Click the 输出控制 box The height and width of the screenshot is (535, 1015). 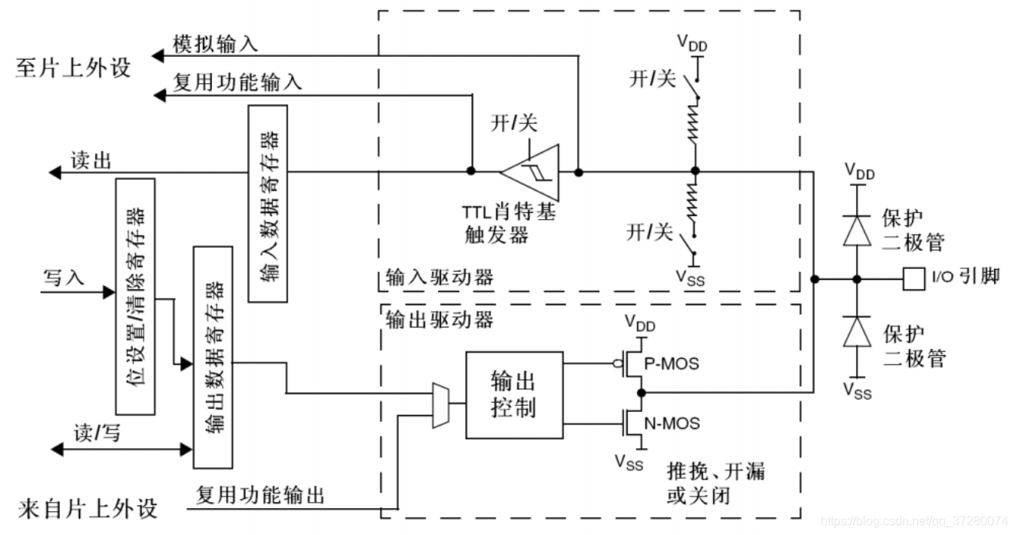click(514, 395)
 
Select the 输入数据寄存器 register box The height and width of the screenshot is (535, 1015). click(267, 203)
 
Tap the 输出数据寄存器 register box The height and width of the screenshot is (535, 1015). click(213, 357)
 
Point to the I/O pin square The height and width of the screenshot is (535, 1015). click(913, 277)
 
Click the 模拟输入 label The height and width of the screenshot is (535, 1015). click(215, 44)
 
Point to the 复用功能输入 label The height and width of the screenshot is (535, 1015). click(237, 82)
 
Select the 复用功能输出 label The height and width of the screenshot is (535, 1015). click(260, 494)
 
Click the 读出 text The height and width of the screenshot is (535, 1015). click(91, 161)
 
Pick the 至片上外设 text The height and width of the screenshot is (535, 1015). click(73, 68)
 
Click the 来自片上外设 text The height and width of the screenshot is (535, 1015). click(86, 508)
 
